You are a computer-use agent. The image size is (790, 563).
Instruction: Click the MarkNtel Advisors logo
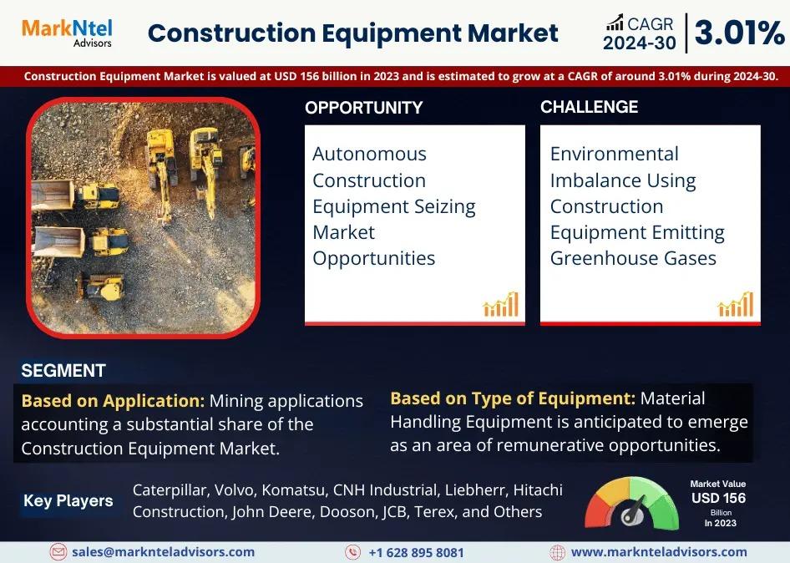tap(67, 33)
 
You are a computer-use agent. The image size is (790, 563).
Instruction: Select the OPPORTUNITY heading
tap(364, 108)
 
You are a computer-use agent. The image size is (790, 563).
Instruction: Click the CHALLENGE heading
tap(589, 107)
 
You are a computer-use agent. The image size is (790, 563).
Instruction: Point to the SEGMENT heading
tap(63, 371)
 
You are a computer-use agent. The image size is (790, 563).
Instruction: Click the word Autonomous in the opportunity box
tap(369, 154)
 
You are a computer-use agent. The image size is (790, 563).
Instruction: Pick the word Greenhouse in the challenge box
tap(604, 258)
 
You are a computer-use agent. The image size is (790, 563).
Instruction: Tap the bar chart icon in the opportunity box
tap(501, 304)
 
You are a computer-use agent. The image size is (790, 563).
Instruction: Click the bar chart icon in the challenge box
tap(736, 304)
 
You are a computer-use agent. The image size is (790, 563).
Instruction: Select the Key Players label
tap(68, 500)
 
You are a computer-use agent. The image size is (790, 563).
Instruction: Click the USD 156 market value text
tap(718, 498)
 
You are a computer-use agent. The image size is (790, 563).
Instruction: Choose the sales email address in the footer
tap(163, 552)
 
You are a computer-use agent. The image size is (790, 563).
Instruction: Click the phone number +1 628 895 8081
tap(416, 552)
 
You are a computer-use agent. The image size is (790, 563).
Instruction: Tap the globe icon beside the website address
tap(557, 552)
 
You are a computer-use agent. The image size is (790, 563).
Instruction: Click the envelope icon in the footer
tap(58, 552)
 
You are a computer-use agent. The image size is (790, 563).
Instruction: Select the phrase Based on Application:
tap(113, 401)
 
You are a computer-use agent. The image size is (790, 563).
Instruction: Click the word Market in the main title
tap(513, 33)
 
